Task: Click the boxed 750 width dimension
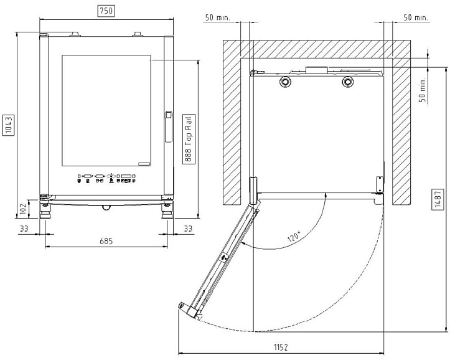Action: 106,11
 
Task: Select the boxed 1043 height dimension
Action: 9,125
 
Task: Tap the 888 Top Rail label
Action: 189,139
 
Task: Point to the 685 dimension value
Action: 106,241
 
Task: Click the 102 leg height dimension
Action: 24,209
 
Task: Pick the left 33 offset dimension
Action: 24,229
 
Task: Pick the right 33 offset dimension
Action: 188,229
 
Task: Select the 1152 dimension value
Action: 281,348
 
